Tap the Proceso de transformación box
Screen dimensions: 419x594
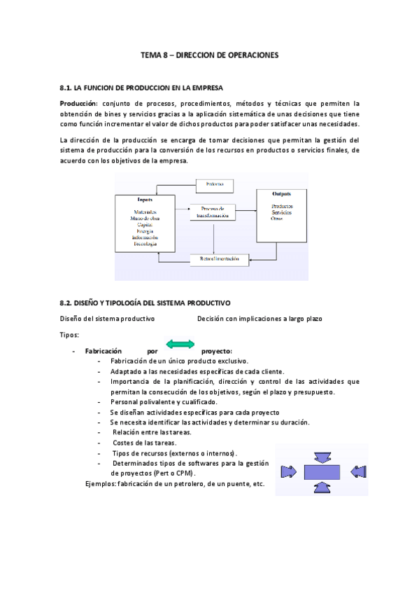pos(212,212)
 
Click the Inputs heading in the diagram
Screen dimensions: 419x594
pos(145,200)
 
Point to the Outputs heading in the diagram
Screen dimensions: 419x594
pos(282,193)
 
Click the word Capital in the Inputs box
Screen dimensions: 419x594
pos(145,224)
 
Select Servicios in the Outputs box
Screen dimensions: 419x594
pos(282,212)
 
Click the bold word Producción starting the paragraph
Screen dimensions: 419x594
pos(78,103)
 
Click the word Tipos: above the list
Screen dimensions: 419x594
pos(70,335)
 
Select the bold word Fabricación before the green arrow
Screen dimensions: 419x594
pos(103,350)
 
